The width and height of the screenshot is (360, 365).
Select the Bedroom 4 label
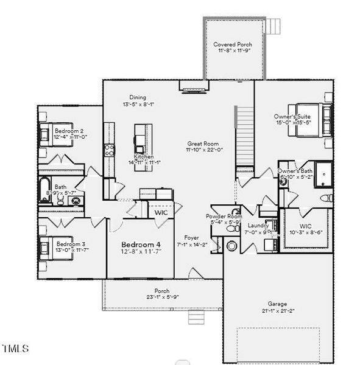(x=141, y=244)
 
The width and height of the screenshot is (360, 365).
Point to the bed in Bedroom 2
(x=47, y=131)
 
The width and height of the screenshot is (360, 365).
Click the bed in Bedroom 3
(x=46, y=247)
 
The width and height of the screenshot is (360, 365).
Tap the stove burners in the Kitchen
(x=109, y=150)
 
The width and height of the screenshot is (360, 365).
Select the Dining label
(x=138, y=97)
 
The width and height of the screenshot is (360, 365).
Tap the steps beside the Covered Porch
(x=275, y=26)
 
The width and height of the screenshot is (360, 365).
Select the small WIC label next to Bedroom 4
(x=161, y=214)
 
